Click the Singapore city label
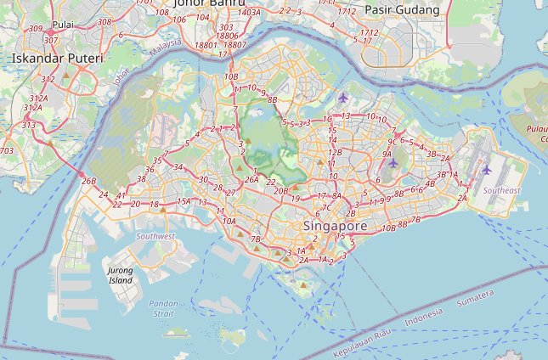(335, 227)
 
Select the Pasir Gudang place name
(403, 10)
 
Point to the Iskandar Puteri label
(58, 59)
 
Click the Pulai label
(63, 25)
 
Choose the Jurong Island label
(121, 274)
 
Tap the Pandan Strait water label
(161, 308)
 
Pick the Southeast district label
(502, 191)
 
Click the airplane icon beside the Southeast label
(486, 170)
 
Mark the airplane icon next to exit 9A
(393, 163)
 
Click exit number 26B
(89, 181)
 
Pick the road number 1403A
(250, 13)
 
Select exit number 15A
(184, 201)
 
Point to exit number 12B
(335, 153)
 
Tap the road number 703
(7, 151)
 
